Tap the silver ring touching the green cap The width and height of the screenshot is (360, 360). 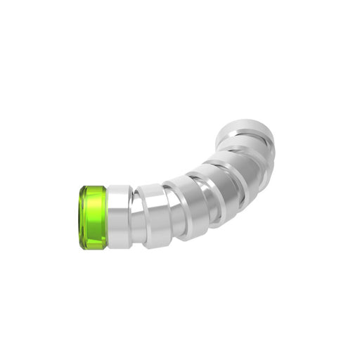coord(118,217)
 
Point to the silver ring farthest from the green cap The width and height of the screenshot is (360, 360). coord(246,134)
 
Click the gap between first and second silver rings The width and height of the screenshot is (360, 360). coord(134,218)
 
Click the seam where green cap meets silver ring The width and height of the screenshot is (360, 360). coord(107,217)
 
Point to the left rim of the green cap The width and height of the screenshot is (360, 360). coord(79,217)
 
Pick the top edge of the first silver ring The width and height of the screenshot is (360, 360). coord(118,187)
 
